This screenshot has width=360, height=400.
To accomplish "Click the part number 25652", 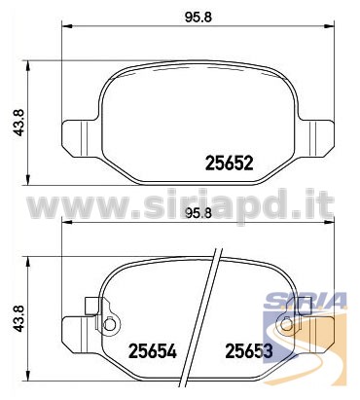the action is tap(230, 163).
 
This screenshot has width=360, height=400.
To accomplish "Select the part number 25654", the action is tap(153, 350).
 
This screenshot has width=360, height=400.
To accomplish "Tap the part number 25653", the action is tap(249, 350).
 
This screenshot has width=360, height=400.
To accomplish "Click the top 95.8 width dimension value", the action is tap(198, 18).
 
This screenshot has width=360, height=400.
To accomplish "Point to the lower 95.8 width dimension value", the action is tap(198, 213).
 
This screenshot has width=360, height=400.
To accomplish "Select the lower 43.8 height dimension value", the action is tap(18, 318).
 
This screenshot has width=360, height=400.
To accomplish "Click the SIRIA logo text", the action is tap(306, 301).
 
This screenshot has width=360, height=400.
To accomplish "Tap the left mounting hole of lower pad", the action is tap(110, 324).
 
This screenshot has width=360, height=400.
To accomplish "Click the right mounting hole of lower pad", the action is tap(285, 324).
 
